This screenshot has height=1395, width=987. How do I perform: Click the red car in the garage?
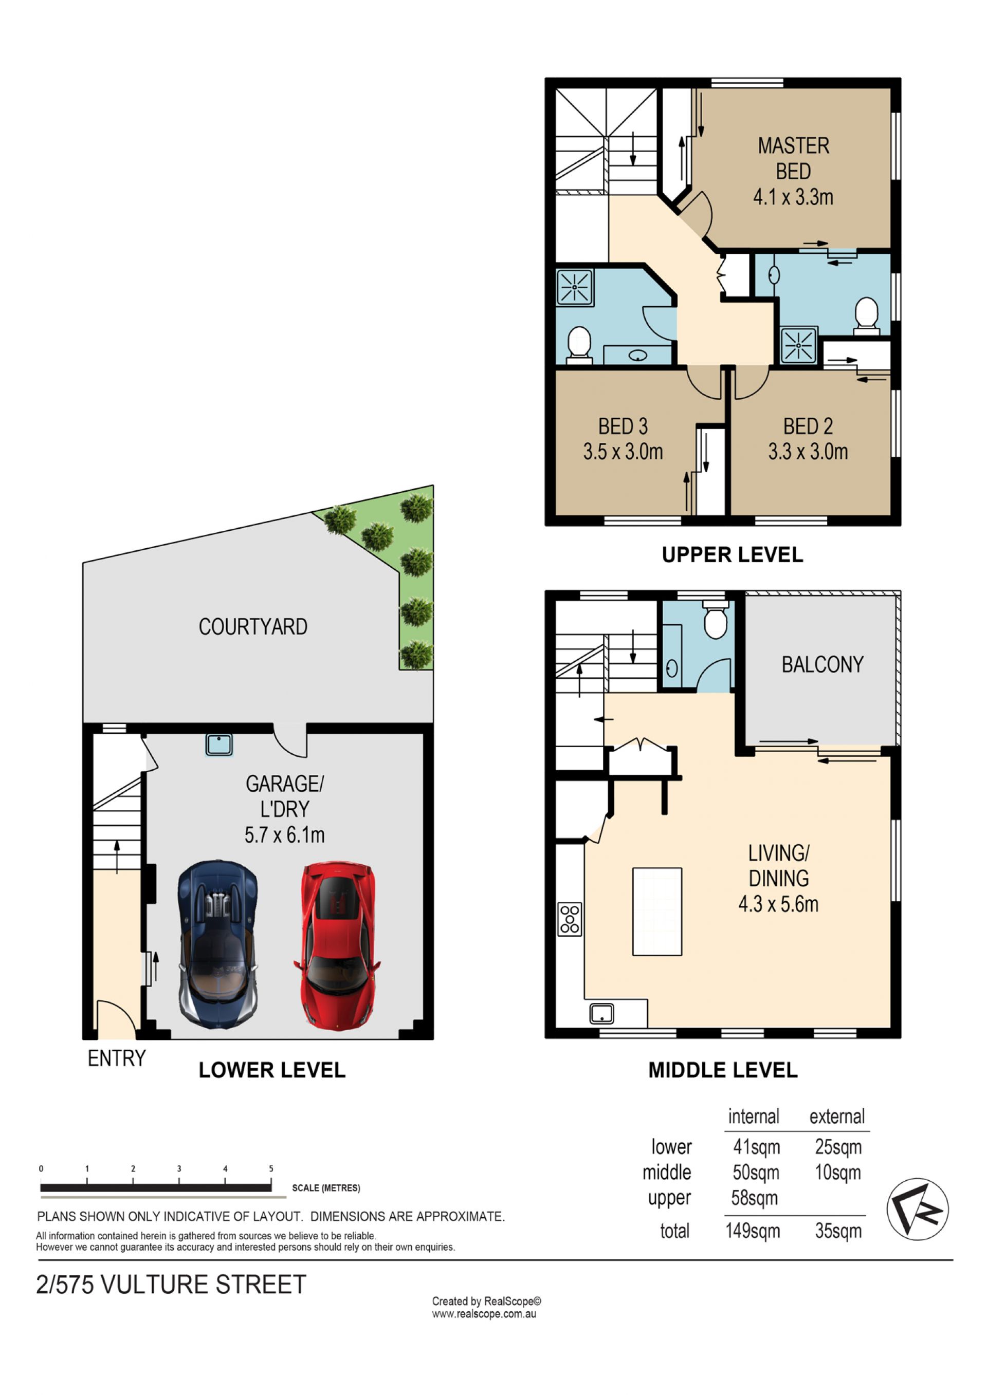click(x=337, y=945)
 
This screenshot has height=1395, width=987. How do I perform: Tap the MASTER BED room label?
click(x=793, y=159)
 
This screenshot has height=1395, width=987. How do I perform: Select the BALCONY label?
click(x=822, y=665)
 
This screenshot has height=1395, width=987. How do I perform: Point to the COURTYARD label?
click(x=253, y=627)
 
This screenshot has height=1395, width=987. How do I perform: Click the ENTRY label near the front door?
click(x=117, y=1058)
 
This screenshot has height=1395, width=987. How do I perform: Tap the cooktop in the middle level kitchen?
click(x=570, y=919)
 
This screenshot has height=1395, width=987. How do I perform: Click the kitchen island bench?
click(x=657, y=912)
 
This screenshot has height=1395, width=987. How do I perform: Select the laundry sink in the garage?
click(x=219, y=745)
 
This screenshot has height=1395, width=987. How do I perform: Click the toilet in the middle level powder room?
click(x=716, y=619)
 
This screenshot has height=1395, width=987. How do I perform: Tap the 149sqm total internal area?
click(x=753, y=1231)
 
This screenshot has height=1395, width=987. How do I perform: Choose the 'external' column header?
click(x=837, y=1116)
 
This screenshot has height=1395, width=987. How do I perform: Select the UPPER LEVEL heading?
click(x=733, y=555)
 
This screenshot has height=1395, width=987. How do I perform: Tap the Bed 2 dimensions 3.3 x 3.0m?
click(x=808, y=452)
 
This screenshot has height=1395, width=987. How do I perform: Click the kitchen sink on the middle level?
click(x=601, y=1013)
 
